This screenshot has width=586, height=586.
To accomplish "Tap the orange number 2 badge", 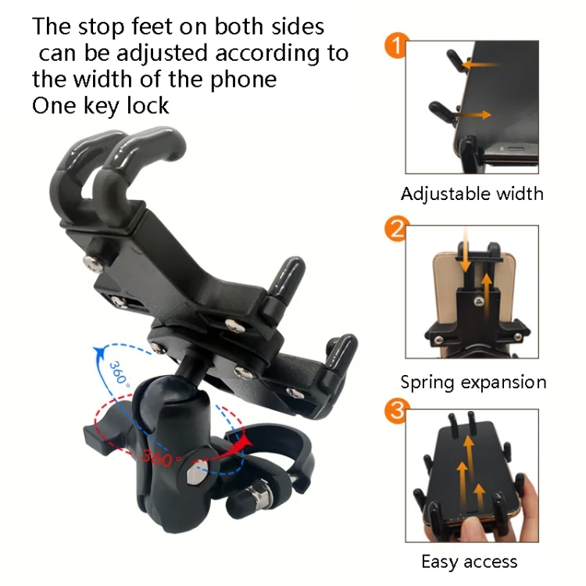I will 396,230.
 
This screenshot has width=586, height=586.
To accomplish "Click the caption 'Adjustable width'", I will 472,194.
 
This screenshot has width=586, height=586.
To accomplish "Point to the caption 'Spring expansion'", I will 473,382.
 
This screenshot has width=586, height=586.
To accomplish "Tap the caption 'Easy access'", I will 469,561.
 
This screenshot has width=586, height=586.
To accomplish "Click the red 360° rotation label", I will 158,457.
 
